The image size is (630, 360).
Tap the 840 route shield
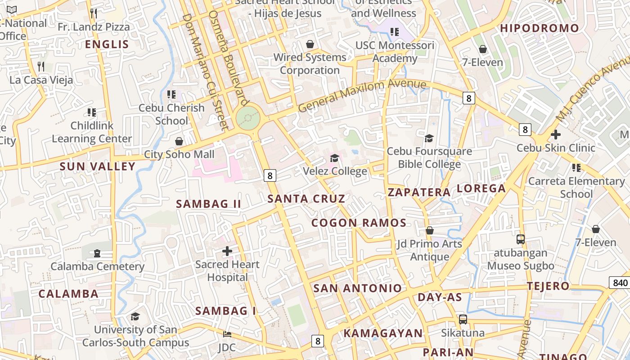point(620,283)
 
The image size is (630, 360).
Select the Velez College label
point(335,171)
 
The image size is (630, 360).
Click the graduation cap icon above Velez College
point(334,158)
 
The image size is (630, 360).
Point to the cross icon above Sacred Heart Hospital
point(227,251)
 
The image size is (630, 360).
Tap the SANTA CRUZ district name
point(306,198)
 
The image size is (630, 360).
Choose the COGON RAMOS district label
point(359,223)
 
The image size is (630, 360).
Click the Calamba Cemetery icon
point(97,253)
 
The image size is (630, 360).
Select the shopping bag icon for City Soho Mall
point(179,141)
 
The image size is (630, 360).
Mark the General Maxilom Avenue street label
point(362,96)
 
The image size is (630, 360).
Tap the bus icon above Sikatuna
point(463,319)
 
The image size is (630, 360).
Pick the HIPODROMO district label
point(540,28)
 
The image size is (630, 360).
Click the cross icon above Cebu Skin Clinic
point(556,134)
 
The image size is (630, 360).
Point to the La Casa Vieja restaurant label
point(41,81)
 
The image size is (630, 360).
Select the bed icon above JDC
point(227,334)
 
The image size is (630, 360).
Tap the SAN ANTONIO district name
point(357,288)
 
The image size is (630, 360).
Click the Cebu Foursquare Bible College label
point(429,157)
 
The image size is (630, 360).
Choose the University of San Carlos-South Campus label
point(135,336)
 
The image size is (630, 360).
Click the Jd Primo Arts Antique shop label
point(429,250)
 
